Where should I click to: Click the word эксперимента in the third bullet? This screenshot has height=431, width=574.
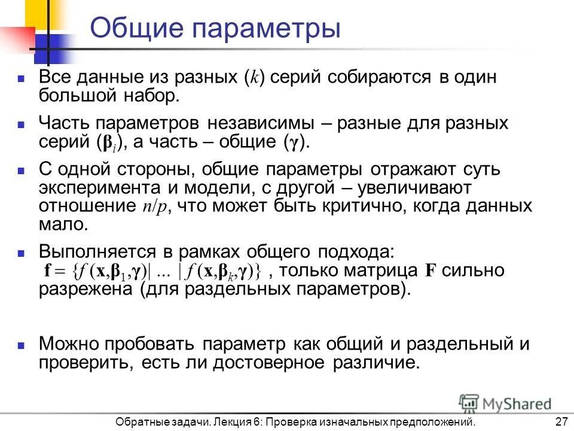click(99, 188)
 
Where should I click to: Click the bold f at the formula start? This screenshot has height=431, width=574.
click(48, 271)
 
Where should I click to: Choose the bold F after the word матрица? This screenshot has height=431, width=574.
click(430, 271)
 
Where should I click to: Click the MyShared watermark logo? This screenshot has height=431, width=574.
click(505, 403)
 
